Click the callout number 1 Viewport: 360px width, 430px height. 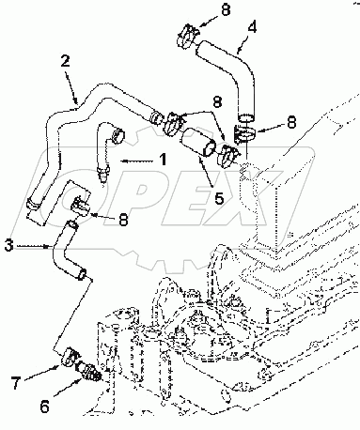pos(162,161)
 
